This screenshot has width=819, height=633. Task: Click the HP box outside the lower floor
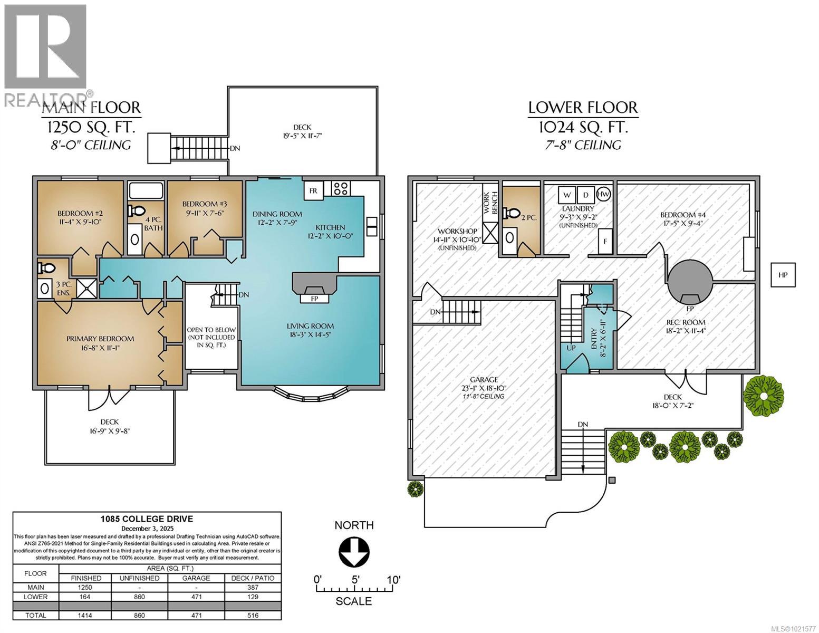[x=783, y=275]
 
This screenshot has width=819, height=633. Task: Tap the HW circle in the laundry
[x=604, y=194]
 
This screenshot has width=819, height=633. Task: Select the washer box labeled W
[x=567, y=195]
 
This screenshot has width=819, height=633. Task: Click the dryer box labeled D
[x=585, y=195]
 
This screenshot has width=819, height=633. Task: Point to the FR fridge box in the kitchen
[x=313, y=191]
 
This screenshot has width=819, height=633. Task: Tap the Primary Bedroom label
[x=100, y=339]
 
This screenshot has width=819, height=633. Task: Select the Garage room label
[x=484, y=379]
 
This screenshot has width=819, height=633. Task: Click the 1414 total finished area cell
[x=85, y=615]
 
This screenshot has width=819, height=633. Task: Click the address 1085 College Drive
[x=147, y=519]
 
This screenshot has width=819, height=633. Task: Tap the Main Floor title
[x=91, y=108]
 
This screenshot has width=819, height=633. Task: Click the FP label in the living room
[x=315, y=299]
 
